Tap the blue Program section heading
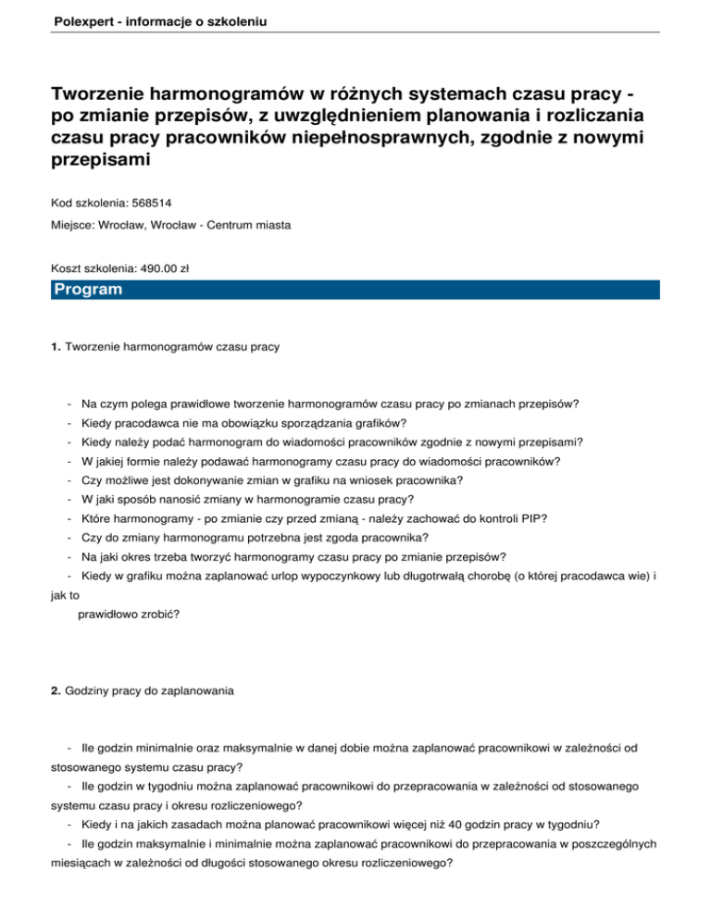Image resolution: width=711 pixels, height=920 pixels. (x=88, y=290)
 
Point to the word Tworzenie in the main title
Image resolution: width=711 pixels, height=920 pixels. (x=110, y=96)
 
